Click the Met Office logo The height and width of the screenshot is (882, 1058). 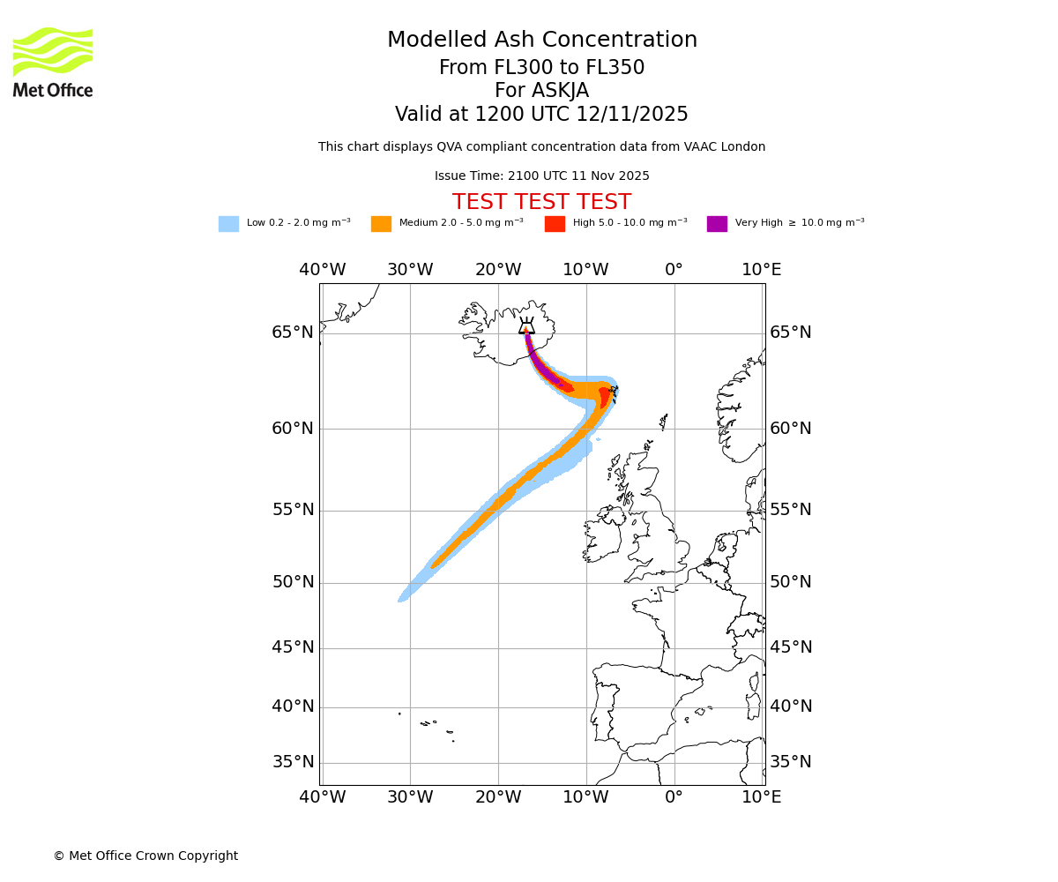pos(53,62)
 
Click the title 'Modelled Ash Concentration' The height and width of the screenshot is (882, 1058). pos(541,41)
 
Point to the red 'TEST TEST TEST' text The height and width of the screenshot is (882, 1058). pos(541,203)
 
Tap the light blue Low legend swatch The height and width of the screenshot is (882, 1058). pos(228,224)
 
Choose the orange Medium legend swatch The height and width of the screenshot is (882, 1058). pos(381,224)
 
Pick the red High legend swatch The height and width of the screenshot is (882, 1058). pos(555,224)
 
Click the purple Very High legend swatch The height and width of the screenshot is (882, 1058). pos(717,224)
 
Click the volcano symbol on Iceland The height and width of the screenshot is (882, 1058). pos(526,326)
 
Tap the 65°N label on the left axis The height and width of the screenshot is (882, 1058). pos(293,333)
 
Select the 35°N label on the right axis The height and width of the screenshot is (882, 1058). pos(791,762)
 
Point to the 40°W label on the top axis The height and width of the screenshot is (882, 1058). pos(322,270)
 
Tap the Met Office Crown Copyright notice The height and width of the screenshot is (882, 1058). pos(145,856)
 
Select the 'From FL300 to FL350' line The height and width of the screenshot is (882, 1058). pos(541,68)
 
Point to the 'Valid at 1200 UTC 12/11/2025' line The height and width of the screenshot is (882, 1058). pos(541,115)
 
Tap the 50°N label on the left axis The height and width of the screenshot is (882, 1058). pos(293,582)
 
